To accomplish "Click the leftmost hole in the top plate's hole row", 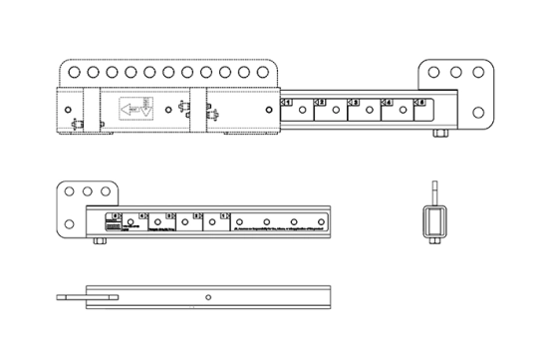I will pos(73,73).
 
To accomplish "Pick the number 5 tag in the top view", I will pos(420,102).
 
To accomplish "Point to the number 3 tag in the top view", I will pos(353,102).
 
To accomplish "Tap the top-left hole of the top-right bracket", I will pos(435,73).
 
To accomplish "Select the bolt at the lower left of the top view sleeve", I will pos(78,125).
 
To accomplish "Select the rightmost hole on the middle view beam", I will pos(322,221).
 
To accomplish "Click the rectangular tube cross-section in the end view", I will pos(434,221).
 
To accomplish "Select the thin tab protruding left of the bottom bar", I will pos(71,296).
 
